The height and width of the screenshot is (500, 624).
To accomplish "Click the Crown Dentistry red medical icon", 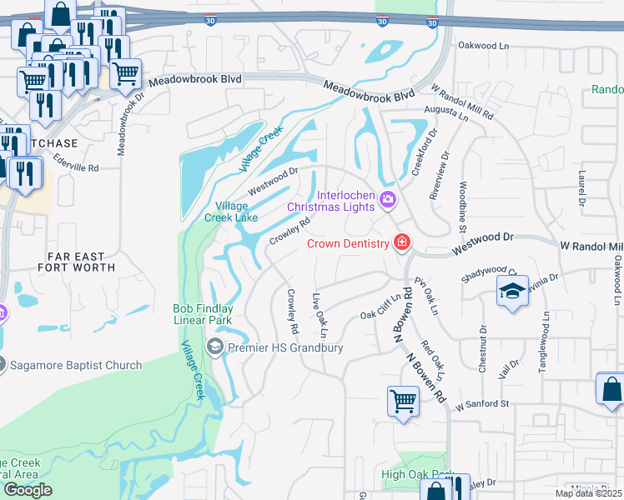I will click(402, 242).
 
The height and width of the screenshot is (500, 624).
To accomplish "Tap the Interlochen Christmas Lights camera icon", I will click(387, 199).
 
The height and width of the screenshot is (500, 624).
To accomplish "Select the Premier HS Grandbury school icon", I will click(215, 347).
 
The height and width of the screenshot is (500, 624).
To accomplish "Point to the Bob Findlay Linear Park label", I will click(204, 313).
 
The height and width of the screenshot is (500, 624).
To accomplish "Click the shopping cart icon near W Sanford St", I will click(404, 400).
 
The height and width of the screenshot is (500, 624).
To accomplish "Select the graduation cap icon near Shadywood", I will click(511, 292).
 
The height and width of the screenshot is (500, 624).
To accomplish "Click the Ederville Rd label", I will click(75, 167).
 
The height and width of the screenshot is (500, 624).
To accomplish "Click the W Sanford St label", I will click(481, 404).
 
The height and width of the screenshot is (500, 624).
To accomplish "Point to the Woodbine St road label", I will click(462, 201).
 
